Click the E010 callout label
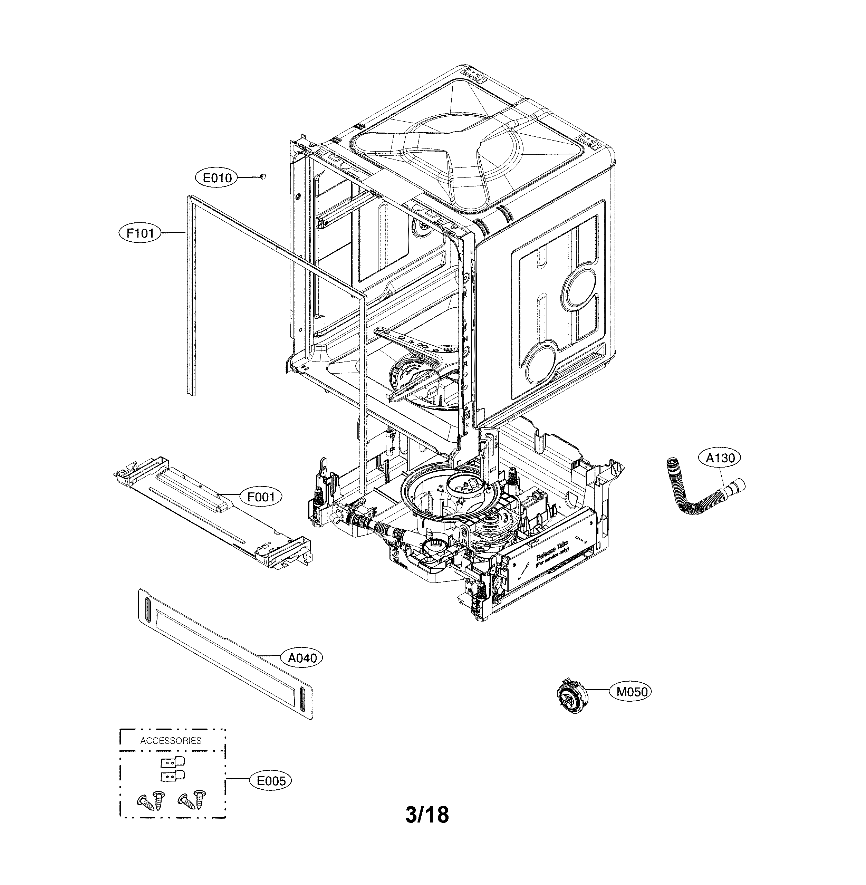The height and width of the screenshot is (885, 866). pos(217,178)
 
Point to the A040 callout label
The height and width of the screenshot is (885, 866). pos(302,657)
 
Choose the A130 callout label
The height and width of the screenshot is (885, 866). pos(720,458)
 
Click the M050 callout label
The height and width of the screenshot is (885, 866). pos(631,692)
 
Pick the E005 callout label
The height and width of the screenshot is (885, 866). pos(271,781)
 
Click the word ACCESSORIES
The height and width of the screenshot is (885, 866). pos(171,740)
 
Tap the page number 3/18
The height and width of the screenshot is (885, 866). pos(427,815)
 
